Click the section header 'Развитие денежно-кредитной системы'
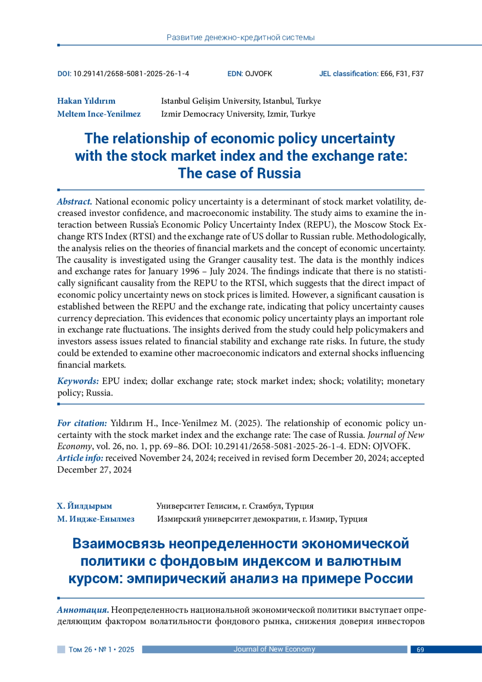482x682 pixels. click(240, 38)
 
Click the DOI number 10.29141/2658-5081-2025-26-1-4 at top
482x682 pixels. click(131, 74)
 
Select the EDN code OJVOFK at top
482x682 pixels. click(259, 74)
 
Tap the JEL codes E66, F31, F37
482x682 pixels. click(402, 74)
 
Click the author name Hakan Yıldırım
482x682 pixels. click(86, 101)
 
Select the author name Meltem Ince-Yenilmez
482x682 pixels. click(99, 114)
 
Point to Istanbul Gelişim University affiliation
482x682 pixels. click(241, 101)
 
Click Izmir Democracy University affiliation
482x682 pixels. click(238, 114)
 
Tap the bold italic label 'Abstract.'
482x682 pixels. click(75, 202)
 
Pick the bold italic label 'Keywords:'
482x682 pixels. click(78, 381)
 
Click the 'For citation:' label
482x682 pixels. click(82, 423)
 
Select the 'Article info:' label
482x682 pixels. click(80, 458)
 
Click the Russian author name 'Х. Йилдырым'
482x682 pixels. click(84, 506)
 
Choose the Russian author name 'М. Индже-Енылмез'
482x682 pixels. click(96, 519)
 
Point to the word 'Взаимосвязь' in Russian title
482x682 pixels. click(118, 543)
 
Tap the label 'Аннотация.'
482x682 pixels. click(83, 610)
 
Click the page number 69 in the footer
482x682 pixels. click(420, 650)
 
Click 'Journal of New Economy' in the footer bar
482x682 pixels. click(274, 649)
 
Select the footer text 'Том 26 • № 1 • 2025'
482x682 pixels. click(101, 650)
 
